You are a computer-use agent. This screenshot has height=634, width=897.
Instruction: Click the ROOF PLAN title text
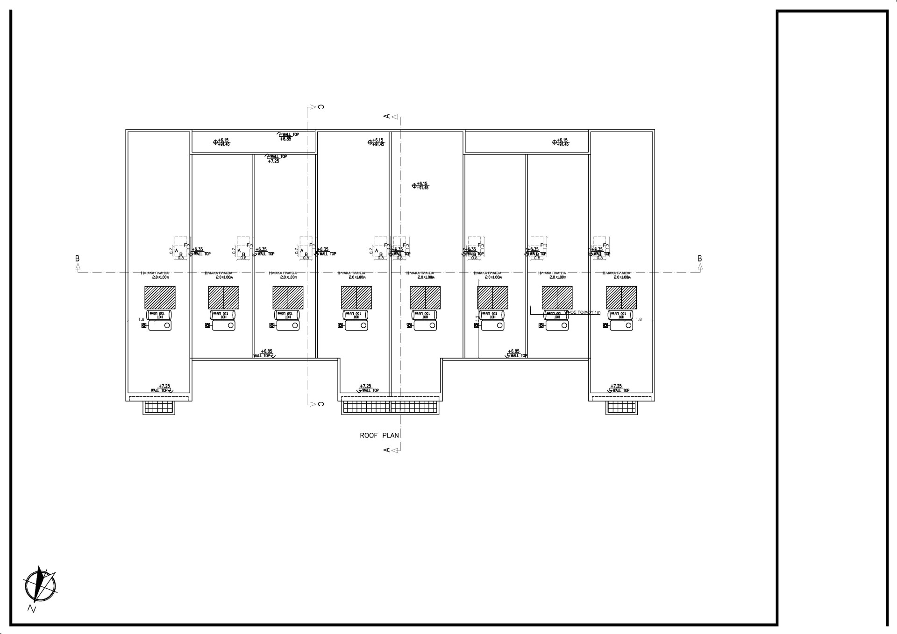(379, 436)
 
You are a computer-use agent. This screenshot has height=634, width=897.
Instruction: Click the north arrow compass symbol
(40, 585)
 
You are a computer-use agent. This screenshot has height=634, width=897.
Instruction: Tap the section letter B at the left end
(78, 259)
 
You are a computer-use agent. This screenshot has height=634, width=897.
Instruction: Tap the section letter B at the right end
(699, 259)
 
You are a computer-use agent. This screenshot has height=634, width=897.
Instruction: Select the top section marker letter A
(387, 116)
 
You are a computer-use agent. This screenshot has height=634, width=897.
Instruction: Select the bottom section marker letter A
(387, 450)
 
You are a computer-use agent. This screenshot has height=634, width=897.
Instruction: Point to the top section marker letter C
(321, 107)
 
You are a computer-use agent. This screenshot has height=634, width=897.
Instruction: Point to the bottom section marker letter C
(321, 404)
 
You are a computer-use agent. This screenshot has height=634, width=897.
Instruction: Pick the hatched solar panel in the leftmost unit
(160, 297)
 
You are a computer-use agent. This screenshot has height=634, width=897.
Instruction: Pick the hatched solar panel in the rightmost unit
(621, 297)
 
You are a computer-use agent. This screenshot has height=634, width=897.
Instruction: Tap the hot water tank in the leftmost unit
(159, 315)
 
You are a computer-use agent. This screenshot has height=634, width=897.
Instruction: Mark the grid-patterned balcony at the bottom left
(159, 407)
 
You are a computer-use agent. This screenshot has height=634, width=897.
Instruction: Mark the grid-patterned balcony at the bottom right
(621, 407)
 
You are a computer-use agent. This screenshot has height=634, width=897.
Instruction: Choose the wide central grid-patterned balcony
(391, 407)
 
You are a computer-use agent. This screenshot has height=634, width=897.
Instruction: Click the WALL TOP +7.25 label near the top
(276, 159)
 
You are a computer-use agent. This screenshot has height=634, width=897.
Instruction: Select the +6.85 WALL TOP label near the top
(288, 136)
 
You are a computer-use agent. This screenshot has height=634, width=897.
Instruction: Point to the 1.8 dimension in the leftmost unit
(141, 320)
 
